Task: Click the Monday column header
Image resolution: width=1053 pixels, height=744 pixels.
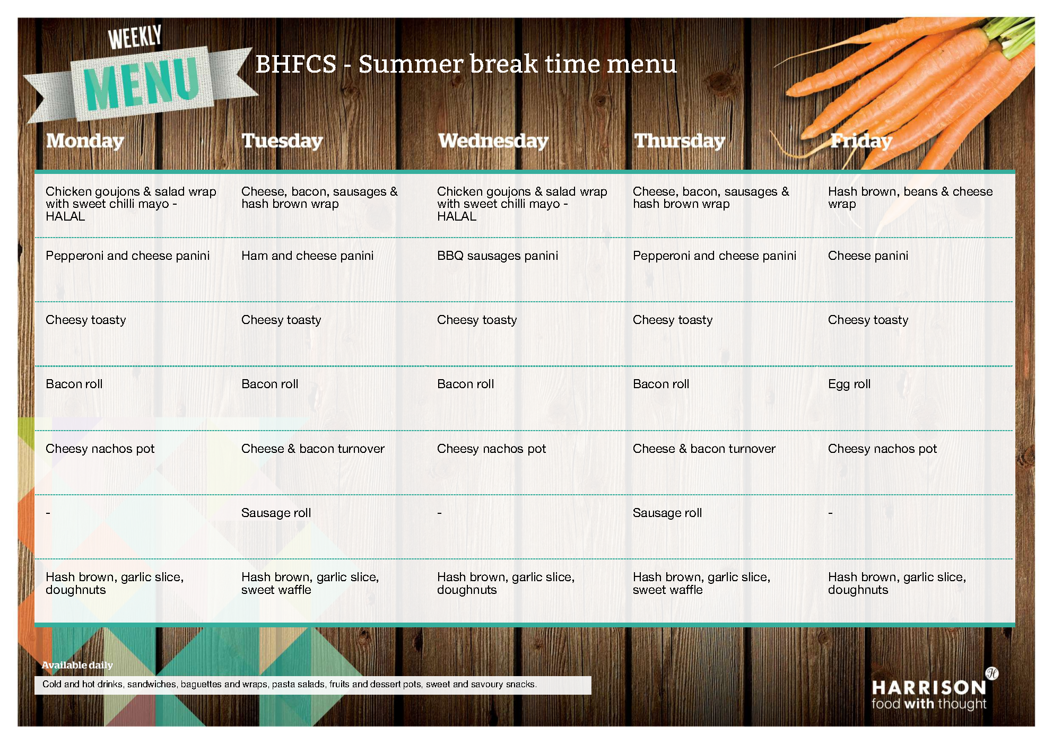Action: [x=85, y=141]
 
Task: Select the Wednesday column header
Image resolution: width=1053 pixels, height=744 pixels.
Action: [x=493, y=141]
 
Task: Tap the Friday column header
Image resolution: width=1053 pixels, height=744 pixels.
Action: [x=861, y=141]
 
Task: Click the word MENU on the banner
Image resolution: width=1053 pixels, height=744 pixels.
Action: [x=141, y=84]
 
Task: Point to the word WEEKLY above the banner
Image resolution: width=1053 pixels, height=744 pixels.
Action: [x=135, y=37]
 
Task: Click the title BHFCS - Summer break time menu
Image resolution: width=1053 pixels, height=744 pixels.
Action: [x=466, y=64]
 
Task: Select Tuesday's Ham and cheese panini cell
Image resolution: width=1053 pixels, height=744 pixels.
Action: [x=307, y=256]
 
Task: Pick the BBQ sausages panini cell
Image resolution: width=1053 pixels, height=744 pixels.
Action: [x=498, y=256]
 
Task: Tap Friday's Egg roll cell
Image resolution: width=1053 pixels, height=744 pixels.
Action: [x=849, y=384]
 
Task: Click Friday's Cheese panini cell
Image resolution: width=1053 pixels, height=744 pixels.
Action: [x=868, y=256]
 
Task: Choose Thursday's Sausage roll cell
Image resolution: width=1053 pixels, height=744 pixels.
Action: [x=667, y=513]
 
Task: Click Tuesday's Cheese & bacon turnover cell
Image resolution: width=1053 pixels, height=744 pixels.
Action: [x=312, y=449]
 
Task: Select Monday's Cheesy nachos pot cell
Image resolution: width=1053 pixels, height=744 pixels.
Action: [x=100, y=449]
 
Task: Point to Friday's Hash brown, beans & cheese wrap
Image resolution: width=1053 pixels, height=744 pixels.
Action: [x=910, y=198]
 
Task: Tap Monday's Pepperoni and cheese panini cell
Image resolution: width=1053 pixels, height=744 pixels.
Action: [x=127, y=256]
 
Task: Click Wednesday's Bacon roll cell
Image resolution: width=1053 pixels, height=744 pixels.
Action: [x=465, y=384]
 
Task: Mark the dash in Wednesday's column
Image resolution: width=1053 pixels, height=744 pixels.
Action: [x=439, y=513]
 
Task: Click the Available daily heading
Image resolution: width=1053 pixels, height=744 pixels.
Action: [x=77, y=665]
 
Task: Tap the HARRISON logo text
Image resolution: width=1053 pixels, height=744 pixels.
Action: [x=929, y=688]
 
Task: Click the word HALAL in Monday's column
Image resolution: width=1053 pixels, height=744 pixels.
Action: [x=65, y=216]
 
